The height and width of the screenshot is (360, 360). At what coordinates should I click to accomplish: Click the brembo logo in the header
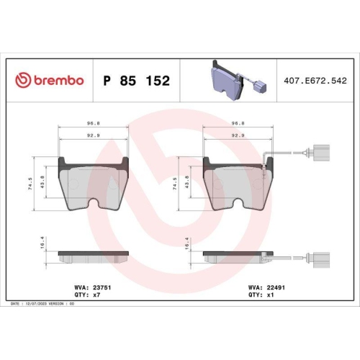coord(50,80)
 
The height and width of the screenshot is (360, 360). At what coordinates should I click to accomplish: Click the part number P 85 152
coord(137,81)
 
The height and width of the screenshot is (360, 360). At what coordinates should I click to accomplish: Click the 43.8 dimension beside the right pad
coord(189,181)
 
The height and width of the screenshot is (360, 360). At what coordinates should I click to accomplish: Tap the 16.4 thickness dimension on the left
coord(44,246)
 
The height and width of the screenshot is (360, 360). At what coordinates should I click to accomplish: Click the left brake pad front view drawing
coord(93,184)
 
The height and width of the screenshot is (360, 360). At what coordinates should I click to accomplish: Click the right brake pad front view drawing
coord(238,184)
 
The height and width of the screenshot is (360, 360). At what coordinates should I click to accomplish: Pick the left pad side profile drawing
coord(93,256)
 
